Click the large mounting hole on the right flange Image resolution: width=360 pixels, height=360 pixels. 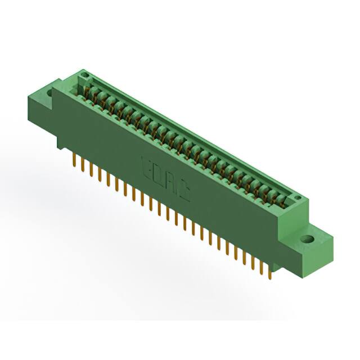click(307, 239)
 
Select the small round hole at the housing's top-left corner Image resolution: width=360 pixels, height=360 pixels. click(84, 74)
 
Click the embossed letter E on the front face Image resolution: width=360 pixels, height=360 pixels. click(145, 166)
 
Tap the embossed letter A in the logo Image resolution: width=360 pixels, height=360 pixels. click(171, 184)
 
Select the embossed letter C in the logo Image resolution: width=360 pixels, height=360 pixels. click(184, 193)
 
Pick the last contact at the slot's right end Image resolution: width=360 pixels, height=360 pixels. click(284, 198)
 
